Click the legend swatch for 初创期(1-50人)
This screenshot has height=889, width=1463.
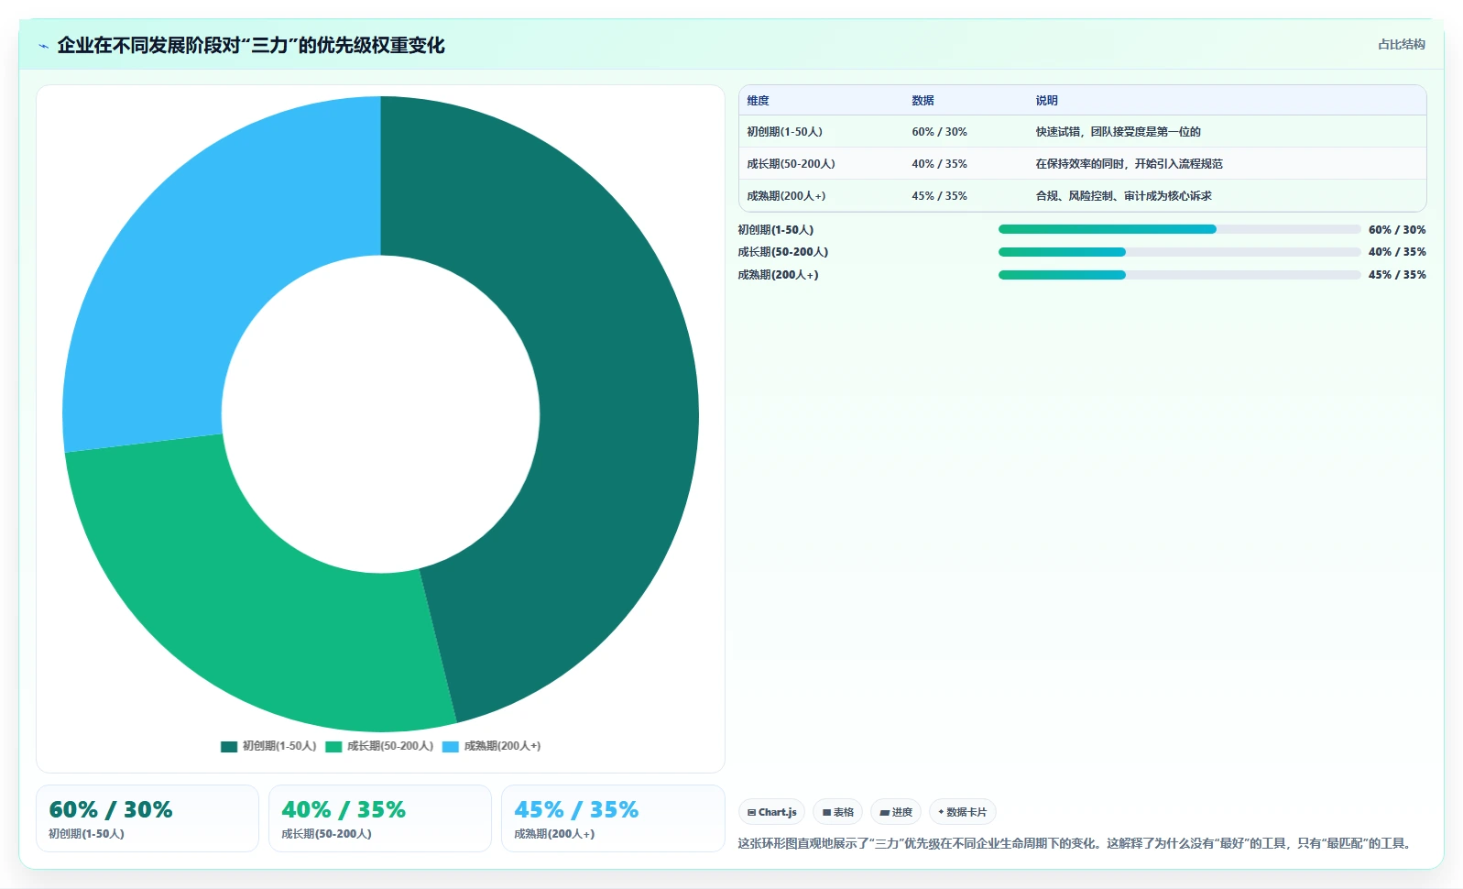click(x=229, y=747)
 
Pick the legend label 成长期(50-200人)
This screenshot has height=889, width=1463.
click(x=390, y=746)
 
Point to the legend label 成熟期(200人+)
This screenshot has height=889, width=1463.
click(x=502, y=746)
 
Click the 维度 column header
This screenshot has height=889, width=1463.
click(x=758, y=101)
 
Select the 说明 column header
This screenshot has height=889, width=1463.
click(x=1046, y=101)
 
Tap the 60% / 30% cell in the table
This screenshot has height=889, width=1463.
click(x=939, y=132)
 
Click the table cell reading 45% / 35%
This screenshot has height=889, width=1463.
click(x=939, y=196)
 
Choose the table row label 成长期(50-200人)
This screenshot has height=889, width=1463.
click(x=791, y=164)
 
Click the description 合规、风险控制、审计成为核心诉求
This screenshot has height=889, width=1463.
click(x=1123, y=196)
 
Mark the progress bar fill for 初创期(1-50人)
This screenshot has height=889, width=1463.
click(x=1107, y=229)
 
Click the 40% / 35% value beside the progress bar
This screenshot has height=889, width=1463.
click(x=1397, y=252)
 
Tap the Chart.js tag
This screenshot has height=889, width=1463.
click(x=772, y=812)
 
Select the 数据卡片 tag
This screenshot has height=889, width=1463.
click(x=962, y=812)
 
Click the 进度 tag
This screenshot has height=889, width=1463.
click(x=896, y=812)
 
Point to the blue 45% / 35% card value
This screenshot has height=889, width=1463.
click(x=576, y=810)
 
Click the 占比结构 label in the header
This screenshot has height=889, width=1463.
click(x=1401, y=44)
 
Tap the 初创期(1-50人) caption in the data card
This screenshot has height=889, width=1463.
click(x=86, y=834)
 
